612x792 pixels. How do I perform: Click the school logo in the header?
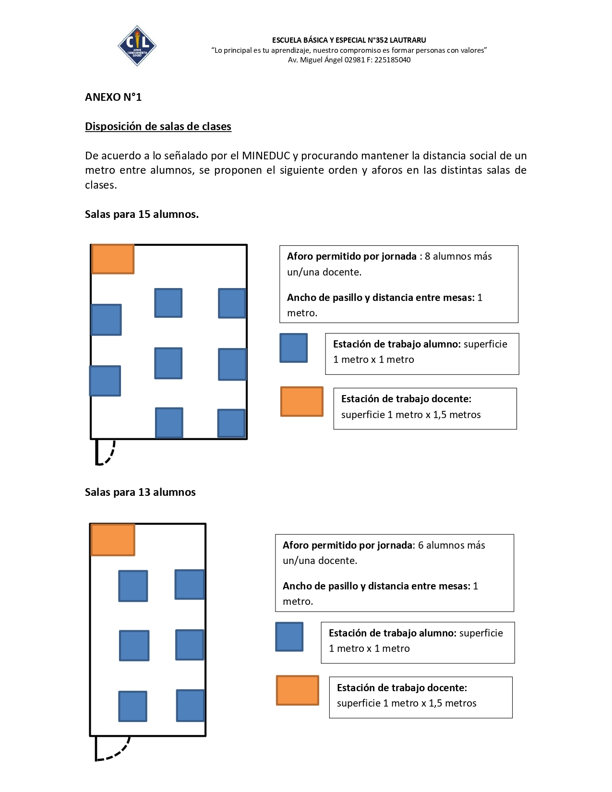(137, 46)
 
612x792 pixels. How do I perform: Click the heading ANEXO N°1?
(113, 97)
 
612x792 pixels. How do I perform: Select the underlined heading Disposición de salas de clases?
(158, 126)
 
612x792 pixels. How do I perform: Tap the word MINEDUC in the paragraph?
(266, 156)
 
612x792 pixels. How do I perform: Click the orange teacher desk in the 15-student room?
(113, 259)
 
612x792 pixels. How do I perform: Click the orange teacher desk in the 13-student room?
(113, 540)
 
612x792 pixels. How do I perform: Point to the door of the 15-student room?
(105, 453)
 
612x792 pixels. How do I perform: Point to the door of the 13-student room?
(112, 748)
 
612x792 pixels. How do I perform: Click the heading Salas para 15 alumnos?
(142, 214)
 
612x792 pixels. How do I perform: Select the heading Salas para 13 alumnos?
(140, 492)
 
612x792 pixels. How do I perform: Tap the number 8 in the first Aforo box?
(427, 256)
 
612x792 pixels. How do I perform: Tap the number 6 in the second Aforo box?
(421, 545)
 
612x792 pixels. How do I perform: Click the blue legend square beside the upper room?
(294, 348)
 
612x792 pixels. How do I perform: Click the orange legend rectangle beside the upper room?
(302, 401)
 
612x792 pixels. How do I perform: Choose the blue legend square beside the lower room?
(289, 636)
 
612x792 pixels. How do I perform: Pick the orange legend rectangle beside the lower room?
(298, 690)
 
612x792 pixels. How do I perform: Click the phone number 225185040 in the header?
(392, 60)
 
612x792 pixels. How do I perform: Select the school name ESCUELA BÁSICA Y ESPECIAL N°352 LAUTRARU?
(349, 40)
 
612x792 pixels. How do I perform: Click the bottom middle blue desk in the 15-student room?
(169, 422)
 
